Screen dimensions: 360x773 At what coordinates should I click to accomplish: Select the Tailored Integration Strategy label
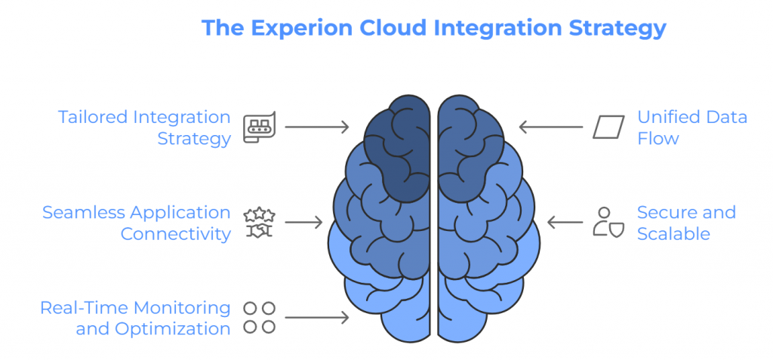click(145, 128)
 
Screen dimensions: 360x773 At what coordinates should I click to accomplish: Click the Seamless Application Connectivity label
click(137, 223)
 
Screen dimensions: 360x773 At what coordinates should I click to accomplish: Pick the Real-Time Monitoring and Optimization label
click(135, 318)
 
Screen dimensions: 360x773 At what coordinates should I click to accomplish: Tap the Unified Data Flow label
click(691, 128)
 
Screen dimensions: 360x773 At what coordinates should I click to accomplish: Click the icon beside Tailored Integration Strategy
click(259, 128)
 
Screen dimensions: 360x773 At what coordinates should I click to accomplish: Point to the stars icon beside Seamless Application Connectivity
click(259, 223)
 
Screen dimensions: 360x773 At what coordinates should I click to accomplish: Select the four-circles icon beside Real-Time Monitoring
click(259, 318)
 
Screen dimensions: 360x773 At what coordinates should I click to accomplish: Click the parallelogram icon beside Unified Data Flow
click(608, 128)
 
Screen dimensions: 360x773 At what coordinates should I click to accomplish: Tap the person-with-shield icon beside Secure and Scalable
click(608, 223)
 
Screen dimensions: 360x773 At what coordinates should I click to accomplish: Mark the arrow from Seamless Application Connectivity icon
click(303, 223)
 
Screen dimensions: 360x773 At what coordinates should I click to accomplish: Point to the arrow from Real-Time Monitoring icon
click(317, 318)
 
